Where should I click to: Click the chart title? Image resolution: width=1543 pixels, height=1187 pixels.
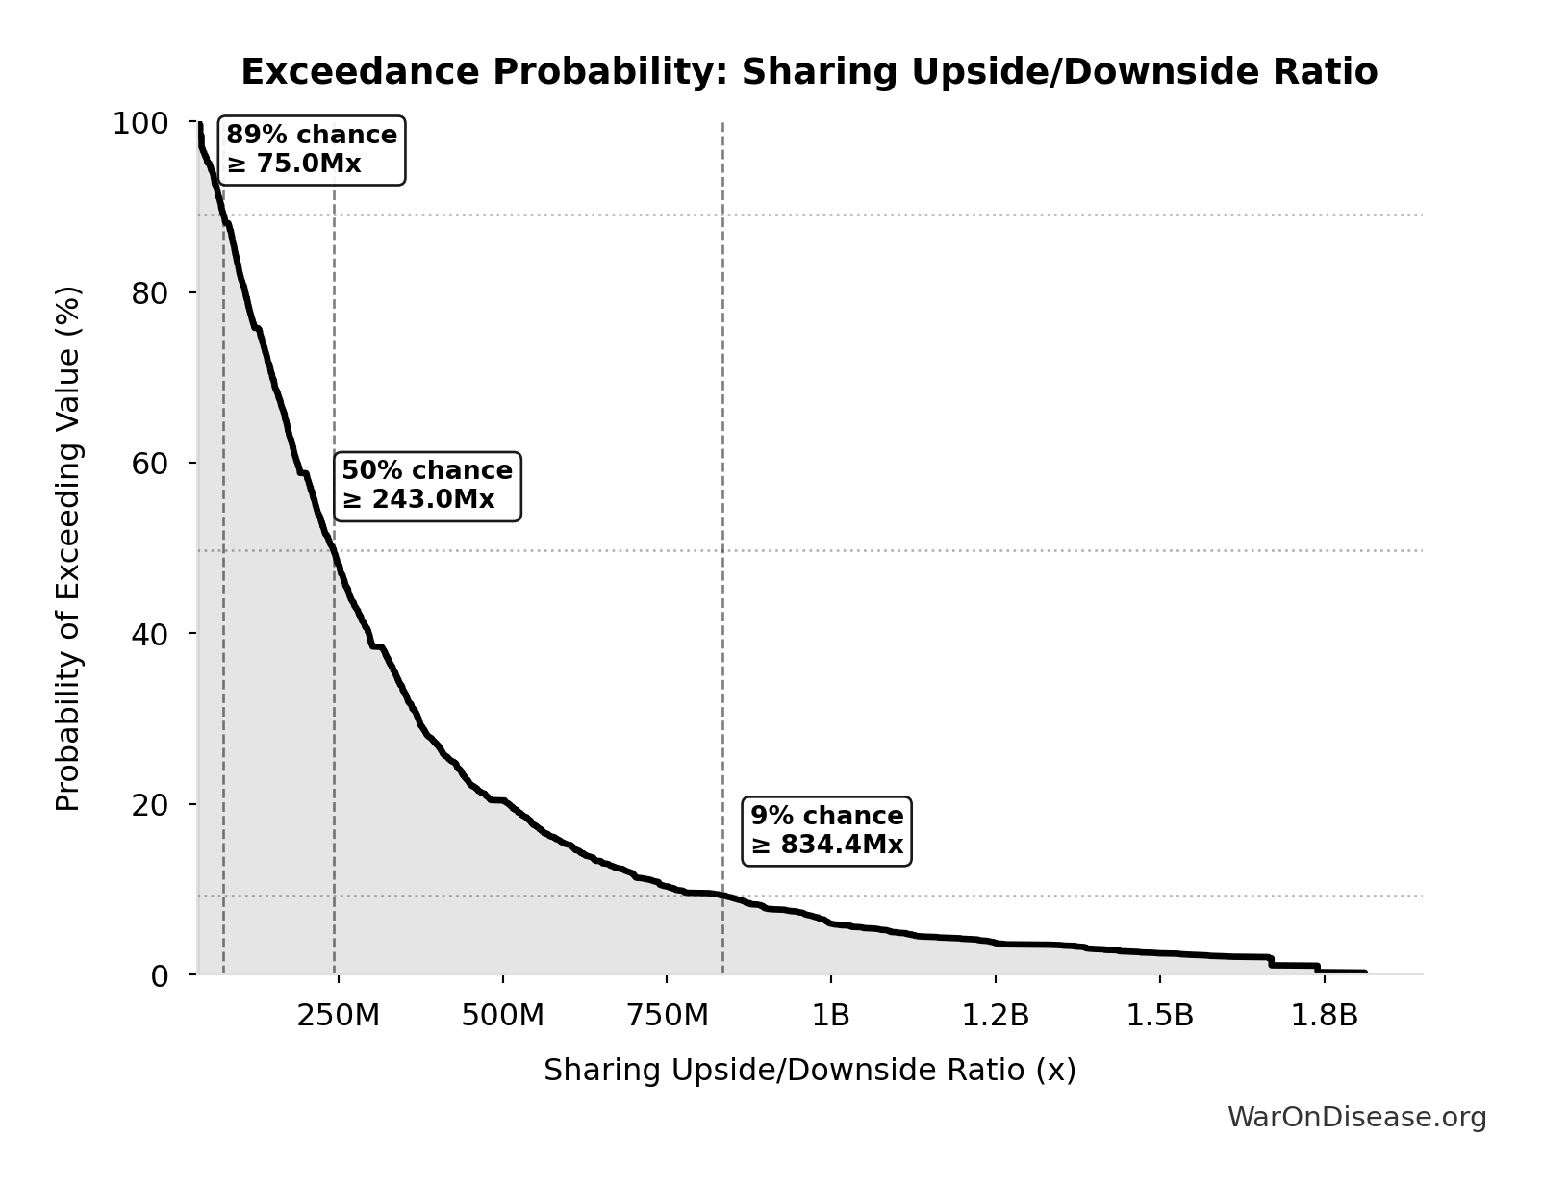coord(809,72)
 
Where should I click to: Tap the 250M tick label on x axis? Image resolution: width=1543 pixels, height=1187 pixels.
coord(338,1017)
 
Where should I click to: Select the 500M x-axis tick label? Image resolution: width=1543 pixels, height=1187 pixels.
coord(502,1017)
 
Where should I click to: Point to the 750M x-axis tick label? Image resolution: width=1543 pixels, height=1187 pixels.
coord(667,1017)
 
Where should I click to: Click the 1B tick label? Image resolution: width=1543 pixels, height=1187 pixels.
coord(831,1017)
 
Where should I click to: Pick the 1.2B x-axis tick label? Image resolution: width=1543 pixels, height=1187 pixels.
coord(996,1017)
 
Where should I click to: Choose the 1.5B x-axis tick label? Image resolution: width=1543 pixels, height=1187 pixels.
coord(1160,1017)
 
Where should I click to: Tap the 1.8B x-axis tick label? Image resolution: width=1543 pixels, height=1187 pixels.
coord(1325,1017)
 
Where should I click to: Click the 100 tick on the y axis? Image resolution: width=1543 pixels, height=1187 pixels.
coord(140,123)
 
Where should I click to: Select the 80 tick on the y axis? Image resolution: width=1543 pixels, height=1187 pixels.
coord(150,293)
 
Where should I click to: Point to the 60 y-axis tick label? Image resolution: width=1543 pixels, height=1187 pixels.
coord(150,464)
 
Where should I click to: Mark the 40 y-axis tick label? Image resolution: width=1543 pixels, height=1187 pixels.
coord(150,634)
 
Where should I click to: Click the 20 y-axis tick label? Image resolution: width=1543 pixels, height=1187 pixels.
coord(150,804)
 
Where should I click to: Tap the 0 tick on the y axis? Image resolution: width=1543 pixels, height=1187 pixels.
coord(160,975)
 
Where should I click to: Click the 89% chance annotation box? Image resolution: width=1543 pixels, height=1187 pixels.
coord(312,150)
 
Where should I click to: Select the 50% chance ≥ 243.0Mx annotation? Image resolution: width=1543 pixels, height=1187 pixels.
coord(427,486)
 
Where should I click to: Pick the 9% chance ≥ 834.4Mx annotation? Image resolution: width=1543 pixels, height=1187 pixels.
coord(827,830)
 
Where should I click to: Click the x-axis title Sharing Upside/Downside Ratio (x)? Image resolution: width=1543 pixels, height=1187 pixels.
coord(809,1071)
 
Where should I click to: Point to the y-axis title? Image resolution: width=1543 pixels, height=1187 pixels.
coord(68,548)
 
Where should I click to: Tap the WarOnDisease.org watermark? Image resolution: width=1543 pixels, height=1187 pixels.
coord(1356,1118)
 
